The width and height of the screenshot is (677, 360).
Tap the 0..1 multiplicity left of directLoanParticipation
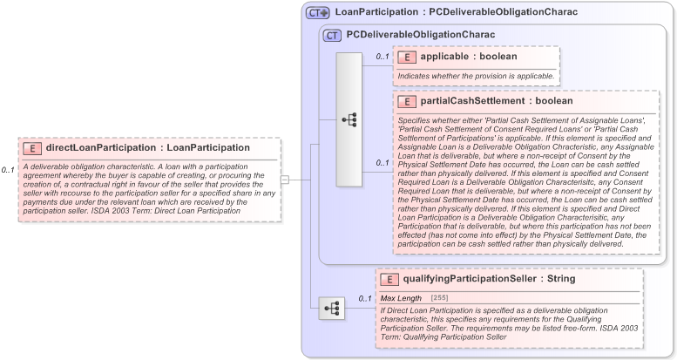click(x=8, y=170)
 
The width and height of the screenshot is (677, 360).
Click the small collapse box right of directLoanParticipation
click(x=284, y=180)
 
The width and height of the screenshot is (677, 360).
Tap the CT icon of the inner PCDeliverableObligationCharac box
click(x=332, y=35)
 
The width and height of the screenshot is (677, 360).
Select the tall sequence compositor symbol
click(x=349, y=119)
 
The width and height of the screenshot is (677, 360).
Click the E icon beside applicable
click(x=406, y=57)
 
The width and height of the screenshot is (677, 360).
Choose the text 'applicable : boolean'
click(x=469, y=57)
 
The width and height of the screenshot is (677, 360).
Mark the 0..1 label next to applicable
click(x=382, y=57)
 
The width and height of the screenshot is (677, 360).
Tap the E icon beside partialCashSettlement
click(x=406, y=101)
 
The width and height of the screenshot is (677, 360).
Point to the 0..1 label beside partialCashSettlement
click(x=382, y=162)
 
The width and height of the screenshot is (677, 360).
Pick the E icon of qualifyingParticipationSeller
click(x=392, y=279)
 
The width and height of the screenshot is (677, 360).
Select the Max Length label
click(x=401, y=299)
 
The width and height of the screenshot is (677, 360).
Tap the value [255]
click(x=440, y=299)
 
